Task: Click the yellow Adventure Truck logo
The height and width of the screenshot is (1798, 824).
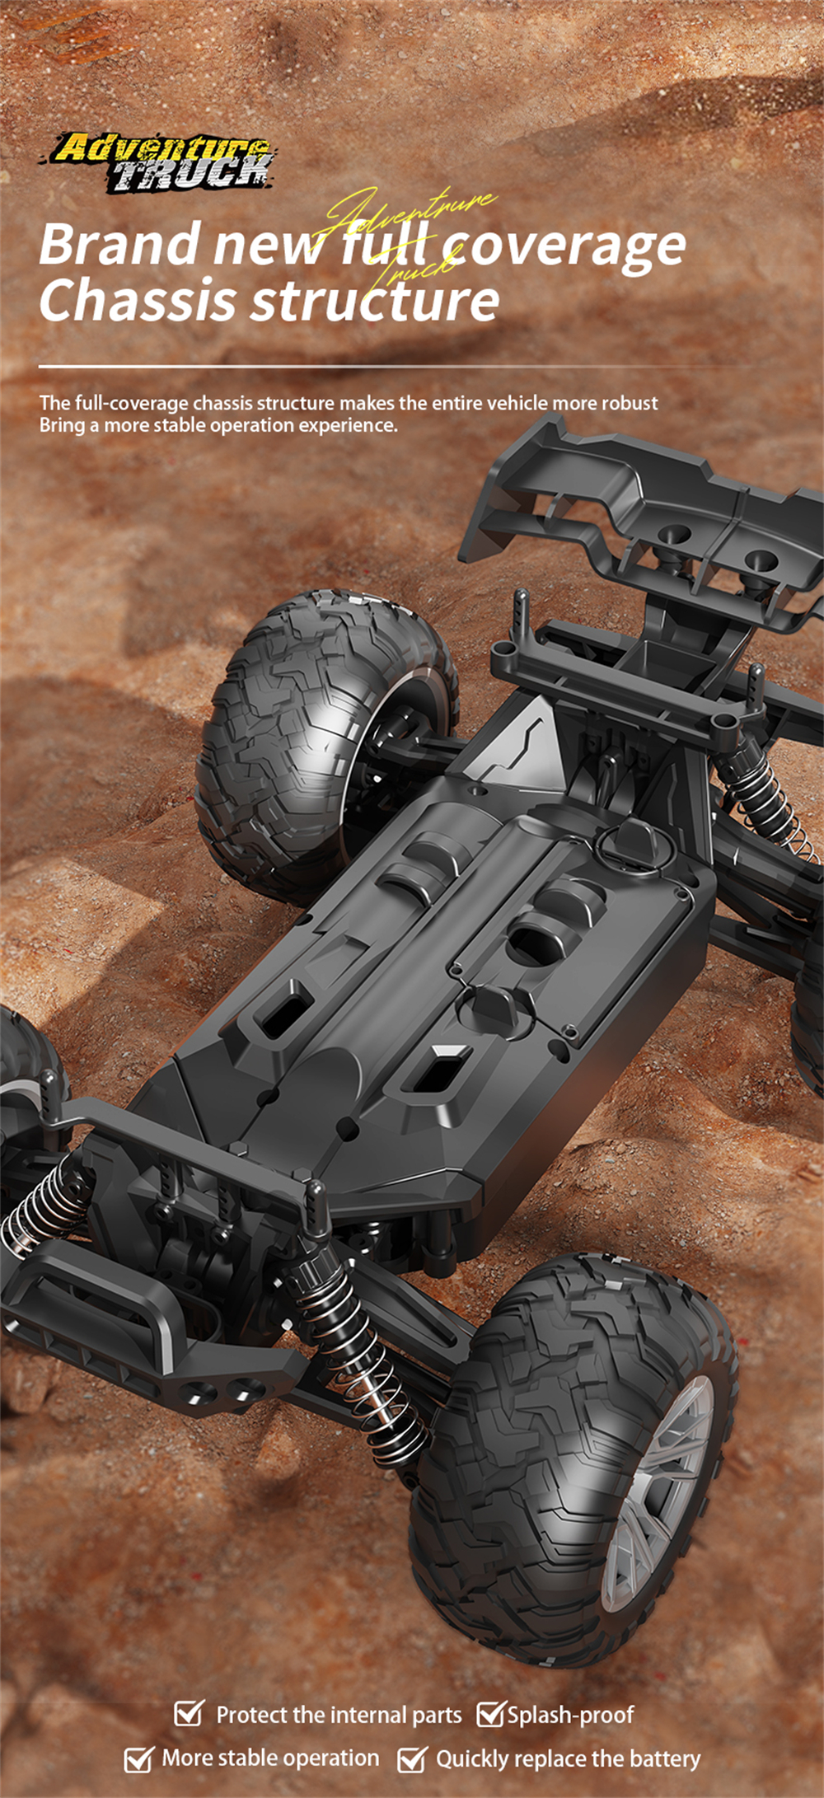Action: [162, 163]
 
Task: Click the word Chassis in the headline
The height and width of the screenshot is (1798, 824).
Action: [138, 300]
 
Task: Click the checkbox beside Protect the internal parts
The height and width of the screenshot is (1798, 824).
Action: [189, 1713]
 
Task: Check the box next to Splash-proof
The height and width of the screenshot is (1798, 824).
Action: [490, 1713]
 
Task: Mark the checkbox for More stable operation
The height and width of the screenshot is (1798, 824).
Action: [138, 1758]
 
